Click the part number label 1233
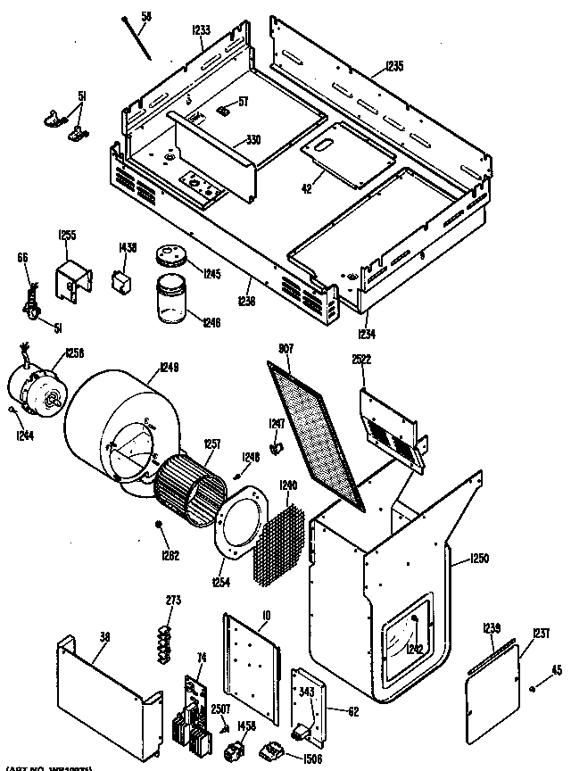click(201, 29)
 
